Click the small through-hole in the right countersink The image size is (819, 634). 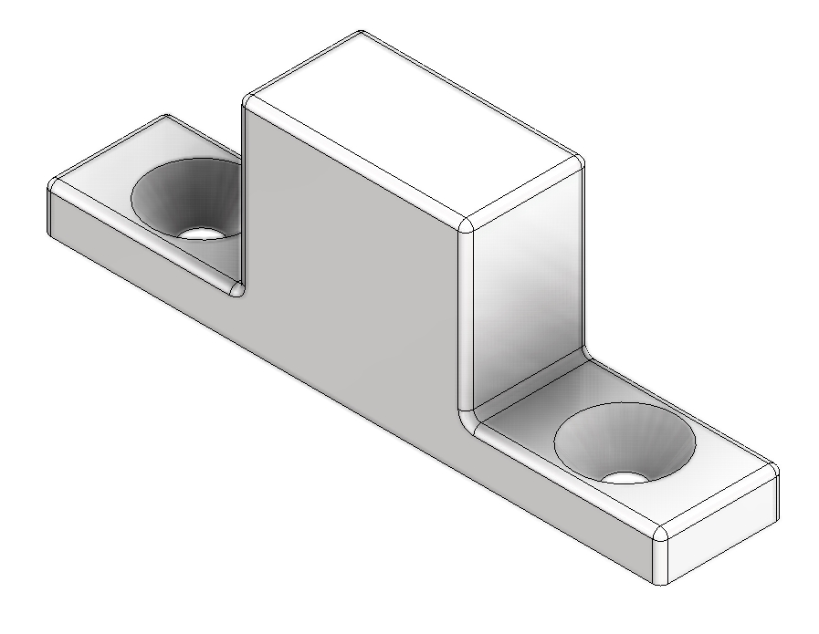point(625,476)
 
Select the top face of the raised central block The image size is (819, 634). point(411,128)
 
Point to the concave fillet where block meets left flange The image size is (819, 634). point(236,290)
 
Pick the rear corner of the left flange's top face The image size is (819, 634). point(166,117)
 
